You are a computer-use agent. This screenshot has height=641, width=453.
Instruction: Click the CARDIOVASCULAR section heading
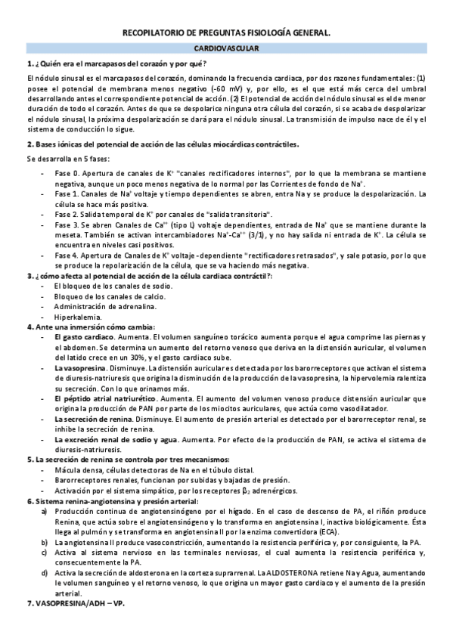pos(226,48)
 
